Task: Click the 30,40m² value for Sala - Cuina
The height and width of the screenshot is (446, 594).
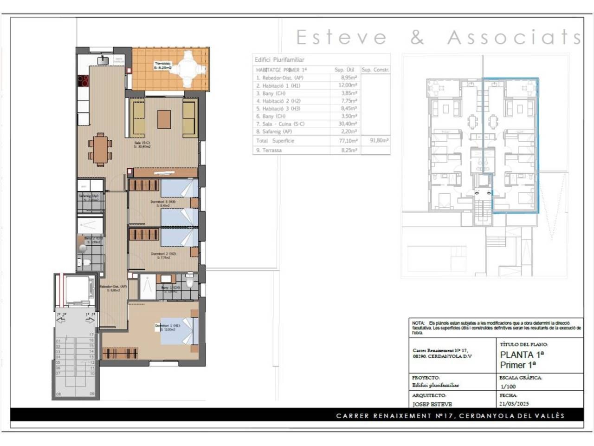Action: click(x=348, y=124)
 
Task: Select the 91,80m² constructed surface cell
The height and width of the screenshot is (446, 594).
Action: click(x=379, y=140)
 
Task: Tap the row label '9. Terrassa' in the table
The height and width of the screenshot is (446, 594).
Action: click(x=269, y=150)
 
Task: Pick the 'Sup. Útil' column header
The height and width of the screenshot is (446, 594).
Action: click(x=344, y=70)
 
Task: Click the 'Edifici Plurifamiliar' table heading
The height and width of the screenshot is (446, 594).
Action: click(x=279, y=60)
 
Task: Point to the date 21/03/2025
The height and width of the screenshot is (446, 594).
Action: click(x=514, y=404)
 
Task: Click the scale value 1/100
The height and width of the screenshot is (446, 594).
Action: click(x=508, y=386)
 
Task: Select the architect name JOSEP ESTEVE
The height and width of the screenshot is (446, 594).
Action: click(x=432, y=404)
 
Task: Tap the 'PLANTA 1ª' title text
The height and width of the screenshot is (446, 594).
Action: click(x=522, y=354)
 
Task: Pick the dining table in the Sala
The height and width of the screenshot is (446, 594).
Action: click(x=100, y=149)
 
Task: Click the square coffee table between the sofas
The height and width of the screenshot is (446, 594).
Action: click(x=164, y=119)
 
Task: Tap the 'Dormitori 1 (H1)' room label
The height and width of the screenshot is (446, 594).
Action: click(x=167, y=326)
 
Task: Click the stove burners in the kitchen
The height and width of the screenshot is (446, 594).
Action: click(x=83, y=81)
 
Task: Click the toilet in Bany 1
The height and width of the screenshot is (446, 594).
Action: click(x=189, y=281)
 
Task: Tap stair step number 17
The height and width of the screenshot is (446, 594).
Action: click(x=91, y=334)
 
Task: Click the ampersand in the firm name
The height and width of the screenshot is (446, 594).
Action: click(x=417, y=38)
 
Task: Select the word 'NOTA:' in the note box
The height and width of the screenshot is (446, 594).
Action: click(x=418, y=323)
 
